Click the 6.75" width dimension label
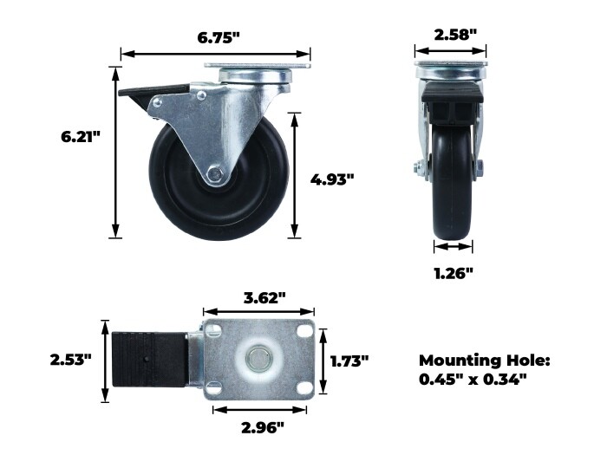[x=219, y=37]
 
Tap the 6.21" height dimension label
[x=81, y=137]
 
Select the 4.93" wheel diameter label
[x=332, y=179]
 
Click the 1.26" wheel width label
[x=454, y=274]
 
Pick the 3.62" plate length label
[x=264, y=298]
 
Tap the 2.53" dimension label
[x=71, y=360]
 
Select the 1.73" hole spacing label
[x=349, y=361]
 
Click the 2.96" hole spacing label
[x=263, y=427]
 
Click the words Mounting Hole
[x=484, y=361]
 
